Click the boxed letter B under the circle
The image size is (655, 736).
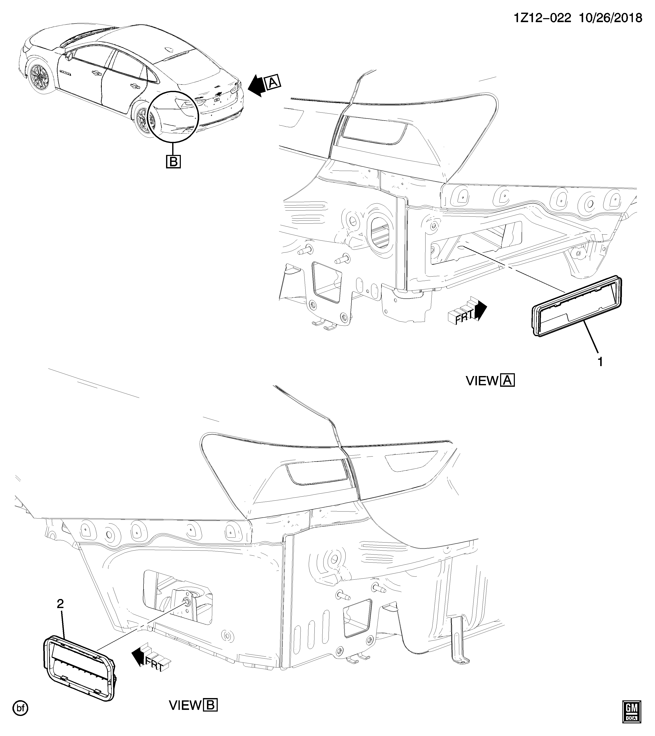coord(173,161)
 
